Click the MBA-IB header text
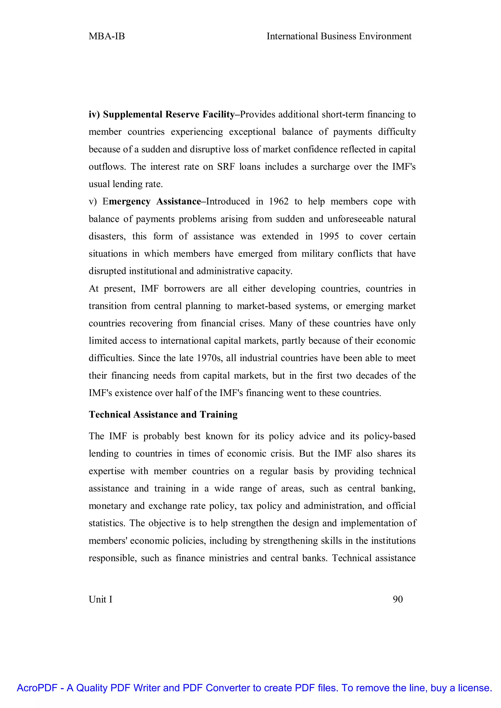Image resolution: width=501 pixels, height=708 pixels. (x=106, y=36)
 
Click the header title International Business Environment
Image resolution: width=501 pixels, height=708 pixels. (x=339, y=36)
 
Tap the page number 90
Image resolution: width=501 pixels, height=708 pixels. (x=398, y=599)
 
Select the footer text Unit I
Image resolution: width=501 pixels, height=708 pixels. (x=100, y=599)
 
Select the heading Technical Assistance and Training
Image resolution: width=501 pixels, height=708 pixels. (x=163, y=414)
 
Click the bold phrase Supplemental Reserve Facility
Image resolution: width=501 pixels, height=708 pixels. (x=169, y=115)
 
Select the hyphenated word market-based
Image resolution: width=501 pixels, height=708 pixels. (x=264, y=306)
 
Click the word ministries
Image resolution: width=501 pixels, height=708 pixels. (x=228, y=558)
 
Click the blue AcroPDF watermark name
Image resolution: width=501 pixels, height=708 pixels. (x=37, y=688)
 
